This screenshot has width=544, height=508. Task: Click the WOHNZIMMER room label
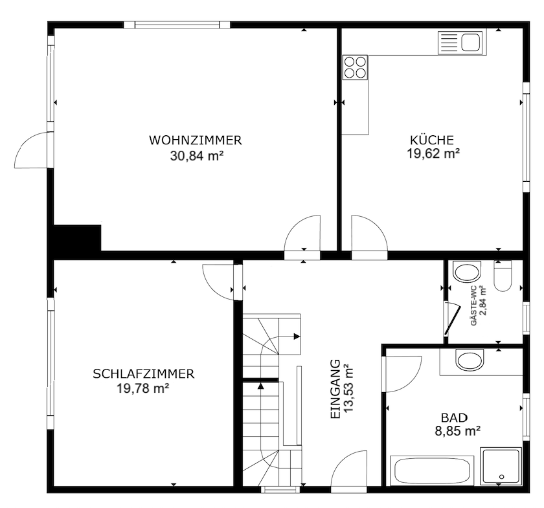point(195,140)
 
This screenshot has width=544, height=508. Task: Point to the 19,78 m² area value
point(143,388)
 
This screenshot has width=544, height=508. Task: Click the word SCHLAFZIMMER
point(143,374)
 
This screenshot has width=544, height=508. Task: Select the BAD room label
point(454,417)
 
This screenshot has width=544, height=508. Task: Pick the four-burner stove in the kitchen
point(355,67)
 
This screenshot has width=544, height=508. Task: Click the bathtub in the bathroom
point(432,470)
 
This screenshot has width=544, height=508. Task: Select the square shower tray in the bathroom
point(501,466)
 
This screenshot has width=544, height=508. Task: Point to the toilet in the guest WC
point(503,276)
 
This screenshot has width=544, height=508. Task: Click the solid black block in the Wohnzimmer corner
point(77,238)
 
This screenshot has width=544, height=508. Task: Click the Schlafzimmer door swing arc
point(219,280)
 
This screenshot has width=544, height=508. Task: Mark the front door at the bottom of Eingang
point(350,470)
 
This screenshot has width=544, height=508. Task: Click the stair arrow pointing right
point(296,337)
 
